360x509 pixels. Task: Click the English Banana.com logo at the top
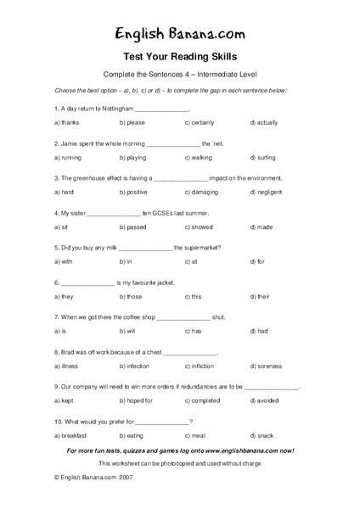pos(179,32)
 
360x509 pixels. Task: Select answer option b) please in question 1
pos(132,124)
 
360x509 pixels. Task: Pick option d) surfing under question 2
pos(265,158)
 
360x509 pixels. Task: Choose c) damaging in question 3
pos(202,193)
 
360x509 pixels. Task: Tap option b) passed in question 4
pos(134,227)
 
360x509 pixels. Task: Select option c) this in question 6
pos(193,297)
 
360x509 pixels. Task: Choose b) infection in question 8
pos(136,366)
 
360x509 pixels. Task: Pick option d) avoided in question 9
pos(267,400)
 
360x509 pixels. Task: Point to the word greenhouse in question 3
pos(84,178)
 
